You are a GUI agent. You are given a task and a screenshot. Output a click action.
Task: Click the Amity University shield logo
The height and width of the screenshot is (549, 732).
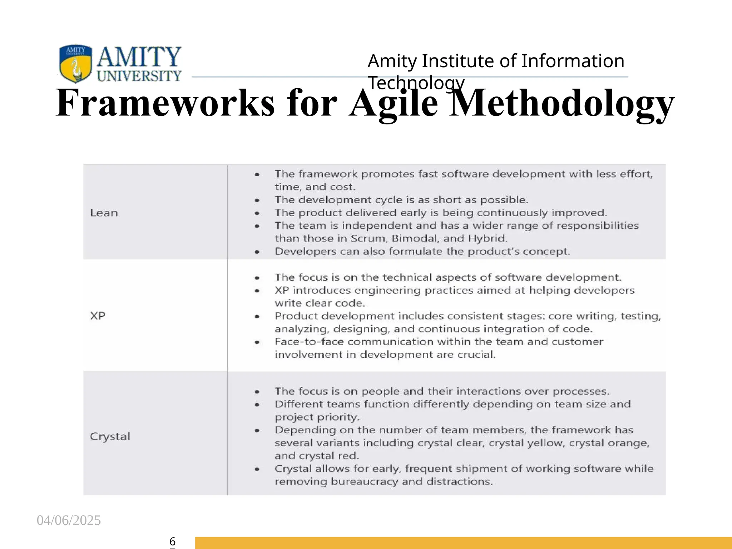pyautogui.click(x=75, y=63)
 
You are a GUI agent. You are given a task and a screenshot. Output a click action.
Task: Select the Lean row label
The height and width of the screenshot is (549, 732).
pyautogui.click(x=104, y=213)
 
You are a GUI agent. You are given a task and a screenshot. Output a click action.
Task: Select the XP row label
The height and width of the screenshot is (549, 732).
pyautogui.click(x=98, y=316)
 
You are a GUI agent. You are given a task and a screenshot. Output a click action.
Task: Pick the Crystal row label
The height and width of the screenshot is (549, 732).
pyautogui.click(x=110, y=436)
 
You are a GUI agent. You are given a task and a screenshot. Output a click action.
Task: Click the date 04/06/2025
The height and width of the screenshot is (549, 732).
pyautogui.click(x=69, y=520)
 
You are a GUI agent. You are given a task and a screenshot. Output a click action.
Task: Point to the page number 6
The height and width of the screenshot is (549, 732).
pyautogui.click(x=172, y=541)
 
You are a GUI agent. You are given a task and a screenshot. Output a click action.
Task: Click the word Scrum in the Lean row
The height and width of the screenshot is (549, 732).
pyautogui.click(x=369, y=238)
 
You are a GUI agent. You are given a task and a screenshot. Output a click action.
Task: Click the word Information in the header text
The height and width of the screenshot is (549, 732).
pyautogui.click(x=573, y=61)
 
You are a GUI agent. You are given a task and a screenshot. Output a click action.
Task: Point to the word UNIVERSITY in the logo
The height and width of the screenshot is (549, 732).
pyautogui.click(x=139, y=76)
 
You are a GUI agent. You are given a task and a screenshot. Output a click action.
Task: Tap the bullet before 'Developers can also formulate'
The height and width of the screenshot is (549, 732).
pyautogui.click(x=257, y=252)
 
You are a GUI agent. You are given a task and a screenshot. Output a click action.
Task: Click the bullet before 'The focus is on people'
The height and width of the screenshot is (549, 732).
pyautogui.click(x=257, y=392)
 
